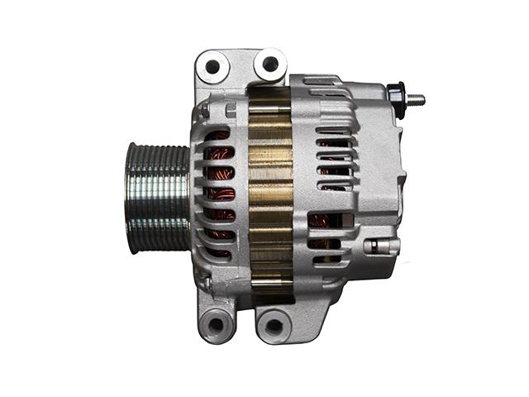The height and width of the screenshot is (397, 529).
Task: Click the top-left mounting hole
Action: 212,65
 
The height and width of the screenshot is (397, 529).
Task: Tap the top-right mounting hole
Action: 269,63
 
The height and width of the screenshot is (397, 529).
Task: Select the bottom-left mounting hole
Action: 217,325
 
